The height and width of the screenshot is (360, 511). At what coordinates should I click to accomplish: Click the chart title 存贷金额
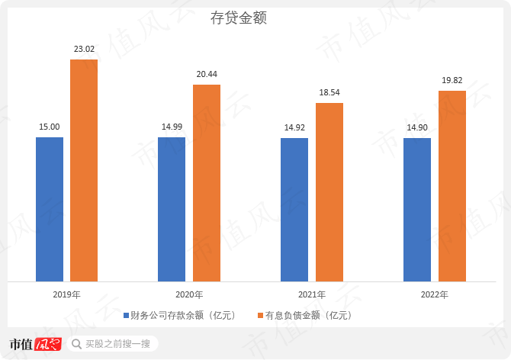tap(238, 18)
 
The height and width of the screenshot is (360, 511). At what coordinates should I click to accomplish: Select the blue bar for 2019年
tap(50, 209)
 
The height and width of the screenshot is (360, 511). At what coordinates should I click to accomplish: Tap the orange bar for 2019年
tap(84, 170)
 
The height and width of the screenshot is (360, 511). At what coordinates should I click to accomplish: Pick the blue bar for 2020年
tap(172, 209)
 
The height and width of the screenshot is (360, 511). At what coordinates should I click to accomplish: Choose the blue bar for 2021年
tap(294, 210)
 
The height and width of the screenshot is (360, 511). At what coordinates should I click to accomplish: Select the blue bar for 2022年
tap(417, 210)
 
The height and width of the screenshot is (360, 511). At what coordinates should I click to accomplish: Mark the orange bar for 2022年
tap(452, 186)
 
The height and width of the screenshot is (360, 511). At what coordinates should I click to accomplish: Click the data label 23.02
tap(84, 49)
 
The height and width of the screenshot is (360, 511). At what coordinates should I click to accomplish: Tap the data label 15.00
tap(50, 127)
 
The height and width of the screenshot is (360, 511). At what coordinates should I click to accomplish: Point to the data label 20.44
tap(207, 74)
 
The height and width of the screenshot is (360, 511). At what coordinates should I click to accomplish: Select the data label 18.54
tap(329, 92)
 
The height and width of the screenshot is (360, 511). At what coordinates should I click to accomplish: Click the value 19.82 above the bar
tap(452, 80)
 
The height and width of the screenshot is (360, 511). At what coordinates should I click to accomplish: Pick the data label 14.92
tap(294, 128)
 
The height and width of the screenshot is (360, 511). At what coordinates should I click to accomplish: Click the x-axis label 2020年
tap(189, 294)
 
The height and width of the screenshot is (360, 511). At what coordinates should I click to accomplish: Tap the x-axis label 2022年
tap(434, 294)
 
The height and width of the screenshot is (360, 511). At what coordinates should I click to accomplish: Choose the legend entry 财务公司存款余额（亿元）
tap(180, 315)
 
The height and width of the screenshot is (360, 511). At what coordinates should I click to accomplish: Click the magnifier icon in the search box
tap(76, 344)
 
